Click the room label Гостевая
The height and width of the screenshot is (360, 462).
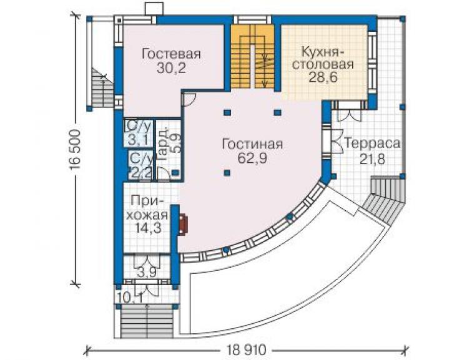(x=171, y=54)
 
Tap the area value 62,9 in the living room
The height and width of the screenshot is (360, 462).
(x=252, y=158)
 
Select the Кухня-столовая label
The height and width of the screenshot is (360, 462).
(x=323, y=58)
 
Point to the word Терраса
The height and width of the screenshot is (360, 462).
(x=373, y=144)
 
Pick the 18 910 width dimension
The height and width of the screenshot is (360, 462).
(x=247, y=350)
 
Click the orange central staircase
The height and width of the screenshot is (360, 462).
(x=253, y=57)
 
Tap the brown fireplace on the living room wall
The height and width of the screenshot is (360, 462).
(x=183, y=225)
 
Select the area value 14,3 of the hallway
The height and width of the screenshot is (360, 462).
(x=148, y=228)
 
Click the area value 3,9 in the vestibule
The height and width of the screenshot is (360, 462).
(x=147, y=272)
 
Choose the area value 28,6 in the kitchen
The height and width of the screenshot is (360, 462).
(x=323, y=77)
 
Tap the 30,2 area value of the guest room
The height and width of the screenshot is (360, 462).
(x=171, y=68)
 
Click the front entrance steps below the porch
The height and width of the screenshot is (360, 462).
(x=147, y=323)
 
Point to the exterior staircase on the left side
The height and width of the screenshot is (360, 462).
(x=102, y=87)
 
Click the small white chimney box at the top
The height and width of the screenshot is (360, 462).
(x=154, y=9)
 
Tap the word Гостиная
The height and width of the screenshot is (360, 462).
(x=252, y=144)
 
